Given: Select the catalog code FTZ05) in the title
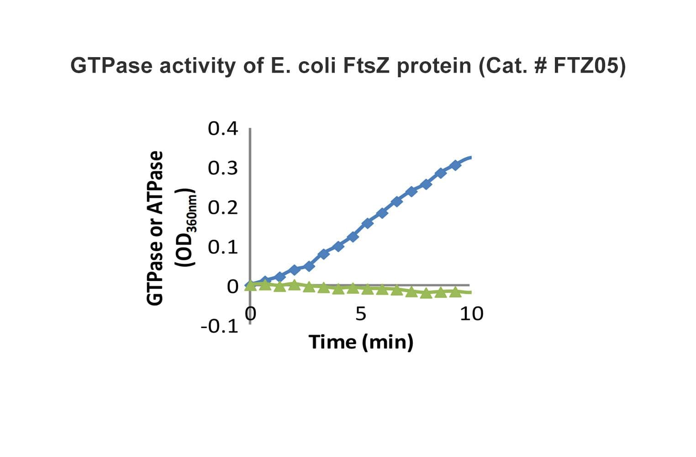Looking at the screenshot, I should [590, 66].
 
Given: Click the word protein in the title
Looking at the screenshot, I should [434, 66].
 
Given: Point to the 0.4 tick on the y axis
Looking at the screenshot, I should [223, 129].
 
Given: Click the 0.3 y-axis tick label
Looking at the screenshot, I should [223, 169].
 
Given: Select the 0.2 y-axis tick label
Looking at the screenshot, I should [223, 208].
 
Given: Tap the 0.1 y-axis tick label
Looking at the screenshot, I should [223, 247].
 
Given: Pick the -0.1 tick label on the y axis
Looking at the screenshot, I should [219, 326].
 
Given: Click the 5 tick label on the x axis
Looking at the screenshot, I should [361, 314].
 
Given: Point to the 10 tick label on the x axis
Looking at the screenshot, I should [471, 314].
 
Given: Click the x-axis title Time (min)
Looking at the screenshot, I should [361, 342].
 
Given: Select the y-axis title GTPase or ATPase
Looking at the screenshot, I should [155, 228].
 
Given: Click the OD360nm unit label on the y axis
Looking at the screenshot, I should [188, 228].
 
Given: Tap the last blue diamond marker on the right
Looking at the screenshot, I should [455, 165].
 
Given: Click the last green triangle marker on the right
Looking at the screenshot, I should [455, 292].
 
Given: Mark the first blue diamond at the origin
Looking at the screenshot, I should [250, 286].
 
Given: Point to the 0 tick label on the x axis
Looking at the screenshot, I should [250, 314].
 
